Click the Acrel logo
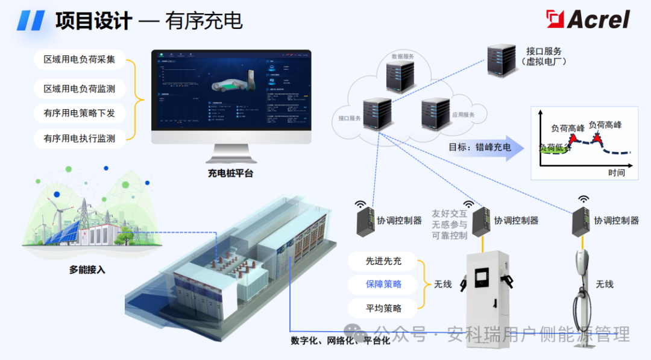tap(588, 19)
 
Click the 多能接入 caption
tap(87, 270)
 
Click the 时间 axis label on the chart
tap(616, 173)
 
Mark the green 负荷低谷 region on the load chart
tap(553, 150)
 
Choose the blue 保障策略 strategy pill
tap(383, 284)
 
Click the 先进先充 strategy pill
tap(383, 261)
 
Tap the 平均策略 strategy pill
tap(383, 308)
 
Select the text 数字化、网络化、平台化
tap(341, 341)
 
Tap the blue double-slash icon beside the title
tap(30, 21)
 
